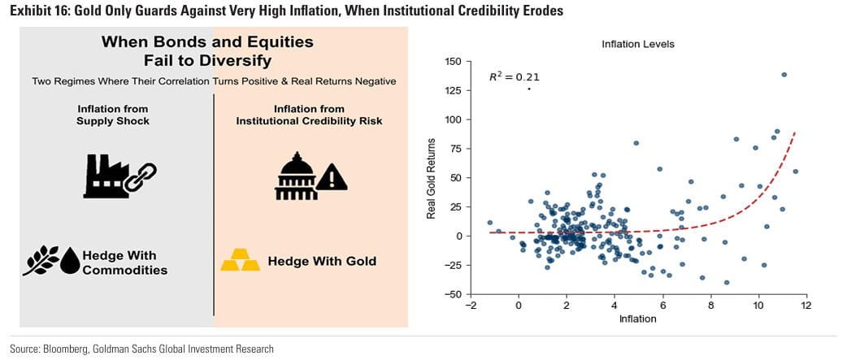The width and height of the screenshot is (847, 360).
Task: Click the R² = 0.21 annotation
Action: (x=514, y=77)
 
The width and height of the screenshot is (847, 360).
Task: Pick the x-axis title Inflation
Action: (x=637, y=319)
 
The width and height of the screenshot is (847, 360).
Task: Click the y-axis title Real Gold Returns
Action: (x=432, y=179)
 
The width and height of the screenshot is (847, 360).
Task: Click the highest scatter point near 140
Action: (x=784, y=75)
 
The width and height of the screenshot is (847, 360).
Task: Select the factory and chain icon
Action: (x=119, y=175)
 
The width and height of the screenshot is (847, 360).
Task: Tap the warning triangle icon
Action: (x=332, y=178)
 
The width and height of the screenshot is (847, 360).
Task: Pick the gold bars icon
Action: (x=241, y=260)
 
